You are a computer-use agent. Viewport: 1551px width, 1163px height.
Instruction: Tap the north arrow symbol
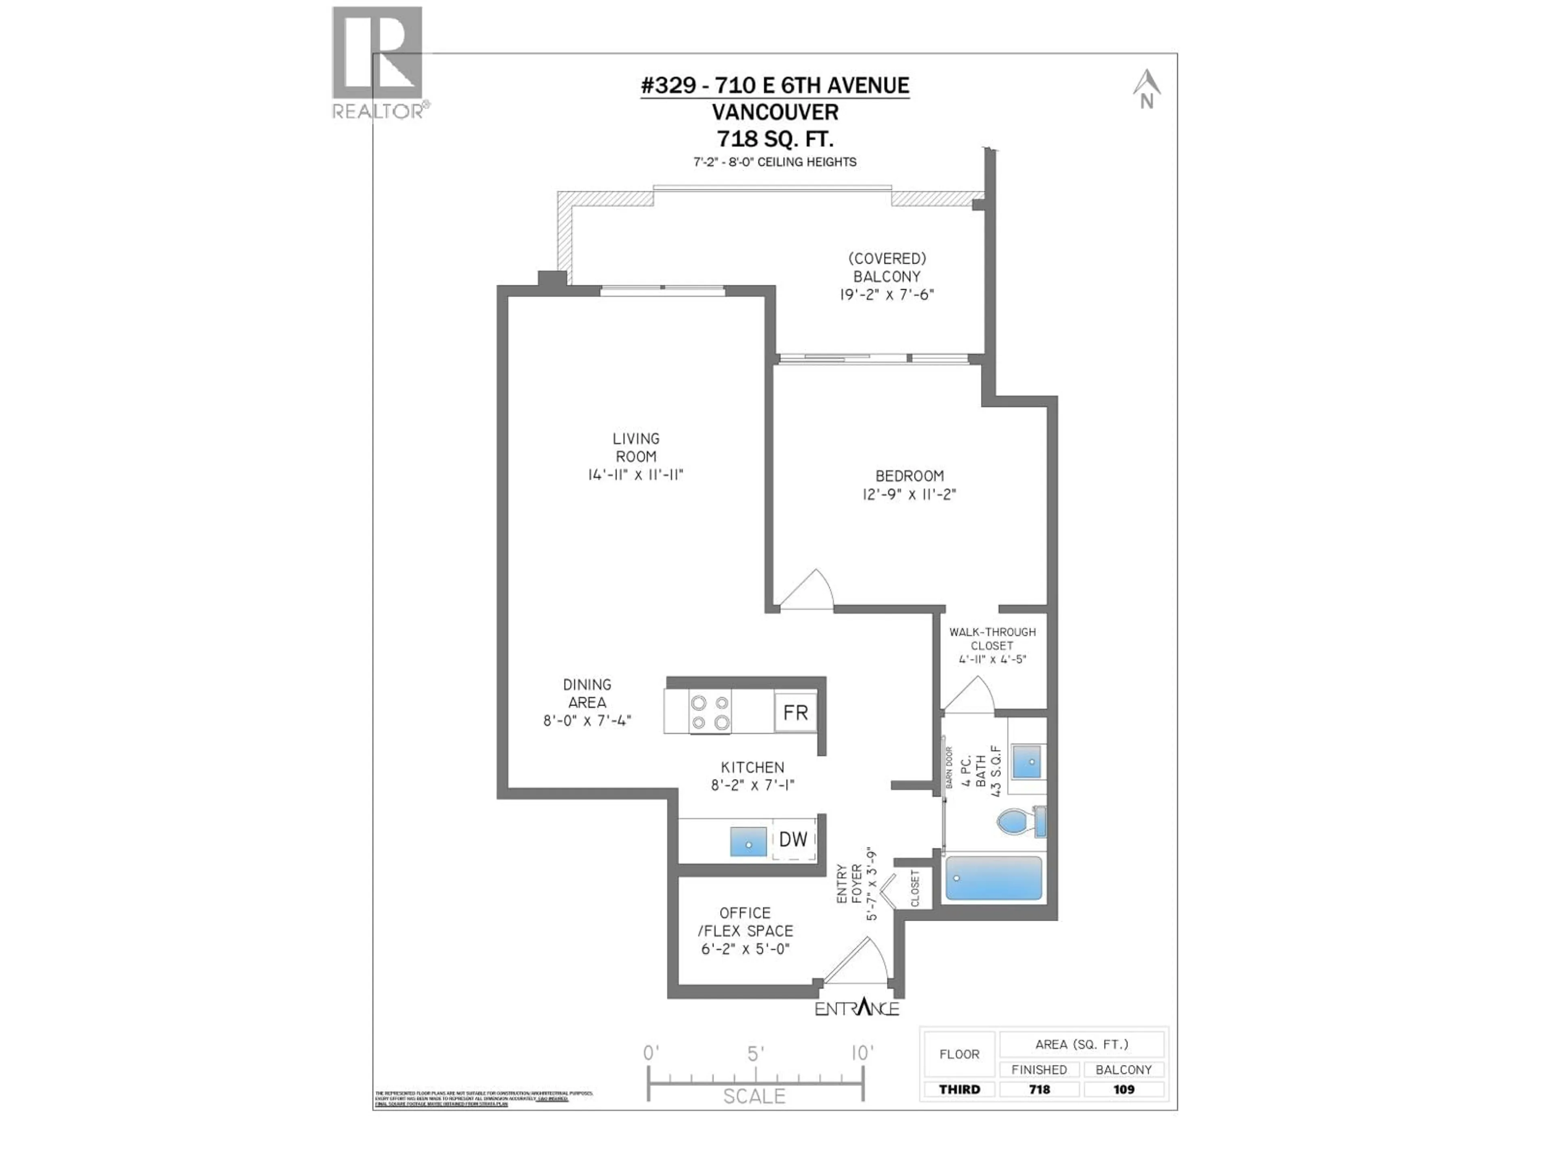1146,89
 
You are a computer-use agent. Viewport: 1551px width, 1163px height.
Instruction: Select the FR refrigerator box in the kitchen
795,712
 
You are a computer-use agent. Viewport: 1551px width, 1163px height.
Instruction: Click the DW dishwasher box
793,839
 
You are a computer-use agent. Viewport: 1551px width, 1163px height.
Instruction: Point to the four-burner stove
710,712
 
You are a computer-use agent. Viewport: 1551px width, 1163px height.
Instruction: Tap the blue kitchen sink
748,841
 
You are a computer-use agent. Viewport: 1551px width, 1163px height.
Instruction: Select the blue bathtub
993,877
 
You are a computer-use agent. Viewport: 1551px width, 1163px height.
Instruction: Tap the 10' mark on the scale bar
862,1053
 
